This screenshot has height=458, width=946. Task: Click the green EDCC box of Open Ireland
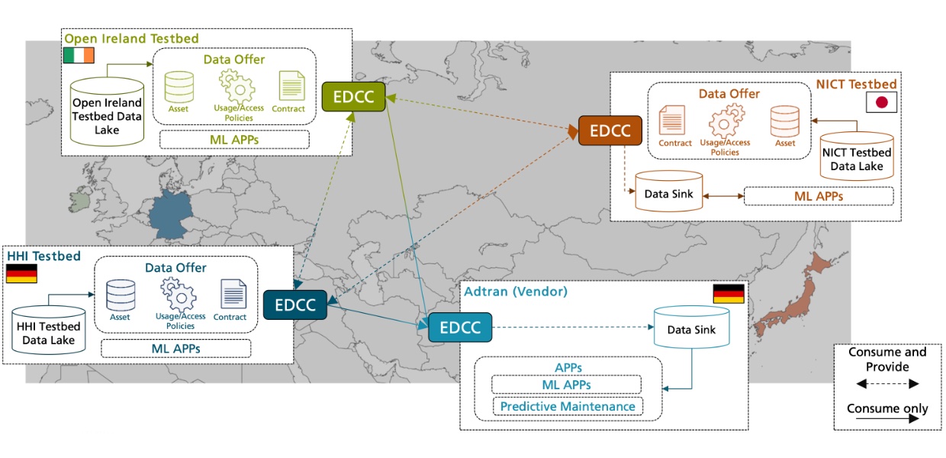coord(353,97)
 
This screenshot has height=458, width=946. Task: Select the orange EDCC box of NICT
coord(610,131)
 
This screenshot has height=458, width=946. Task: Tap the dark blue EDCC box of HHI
coord(294,305)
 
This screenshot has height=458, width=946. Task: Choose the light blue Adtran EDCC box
coord(459,327)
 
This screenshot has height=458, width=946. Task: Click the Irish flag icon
coord(79,55)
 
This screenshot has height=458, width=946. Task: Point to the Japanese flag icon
coord(881,103)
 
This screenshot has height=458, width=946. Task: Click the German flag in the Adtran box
coord(727,294)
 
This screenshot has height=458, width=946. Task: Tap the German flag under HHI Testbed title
coord(21,274)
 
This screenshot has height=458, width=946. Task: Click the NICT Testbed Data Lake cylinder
coord(856,156)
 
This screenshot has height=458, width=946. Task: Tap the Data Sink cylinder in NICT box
coord(668,192)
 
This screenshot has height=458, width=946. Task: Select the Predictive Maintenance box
coord(567,406)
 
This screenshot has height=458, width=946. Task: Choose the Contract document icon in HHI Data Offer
coord(233,295)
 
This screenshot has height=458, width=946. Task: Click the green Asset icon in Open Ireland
coord(179,87)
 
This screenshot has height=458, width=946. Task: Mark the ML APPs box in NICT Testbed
coord(818,196)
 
